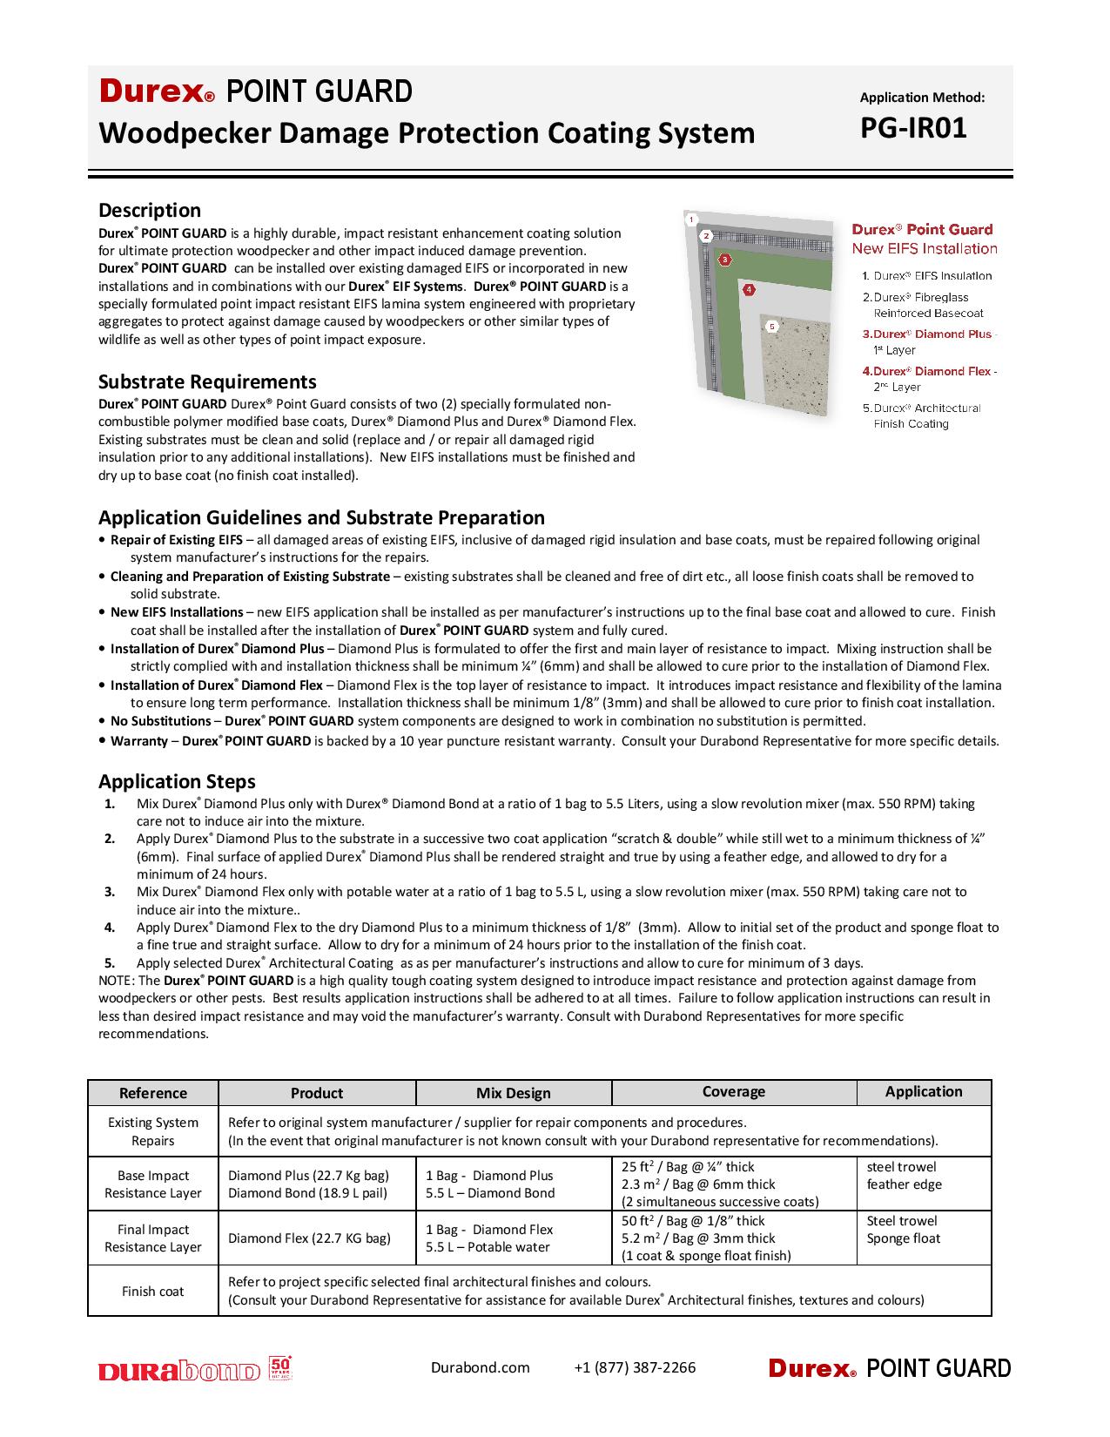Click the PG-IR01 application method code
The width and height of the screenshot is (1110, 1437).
coord(913,129)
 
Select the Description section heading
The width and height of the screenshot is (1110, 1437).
coord(150,210)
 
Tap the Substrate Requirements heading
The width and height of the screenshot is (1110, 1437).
coord(207,381)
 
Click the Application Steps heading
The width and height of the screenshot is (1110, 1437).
coord(177,781)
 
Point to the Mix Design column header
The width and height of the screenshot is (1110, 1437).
coord(514,1093)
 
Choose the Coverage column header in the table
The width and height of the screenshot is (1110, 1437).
coord(734,1092)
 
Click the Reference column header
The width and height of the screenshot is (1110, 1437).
coord(153,1093)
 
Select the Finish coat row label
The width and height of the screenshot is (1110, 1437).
coord(153,1291)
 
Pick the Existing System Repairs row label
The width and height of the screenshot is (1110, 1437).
coord(153,1131)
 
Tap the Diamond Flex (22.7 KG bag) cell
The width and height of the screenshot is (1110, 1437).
coord(309,1238)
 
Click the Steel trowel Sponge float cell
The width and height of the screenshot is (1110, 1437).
coord(904,1230)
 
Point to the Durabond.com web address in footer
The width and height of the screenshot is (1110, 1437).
coord(480,1367)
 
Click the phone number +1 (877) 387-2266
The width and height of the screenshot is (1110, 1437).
coord(635,1367)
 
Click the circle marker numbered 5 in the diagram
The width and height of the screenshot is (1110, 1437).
coord(771,327)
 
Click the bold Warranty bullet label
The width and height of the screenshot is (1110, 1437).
coord(139,741)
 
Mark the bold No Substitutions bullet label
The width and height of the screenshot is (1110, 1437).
coord(160,721)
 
